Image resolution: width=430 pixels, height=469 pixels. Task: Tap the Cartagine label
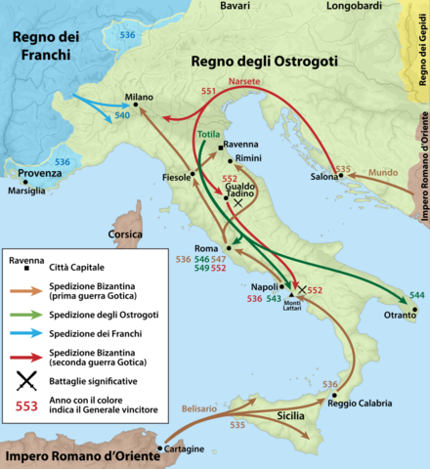pos(185,448)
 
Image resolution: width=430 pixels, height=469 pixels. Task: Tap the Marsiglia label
pos(25,191)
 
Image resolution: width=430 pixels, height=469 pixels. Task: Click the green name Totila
pos(208,133)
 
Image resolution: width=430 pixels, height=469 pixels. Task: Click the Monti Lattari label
pos(294,308)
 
